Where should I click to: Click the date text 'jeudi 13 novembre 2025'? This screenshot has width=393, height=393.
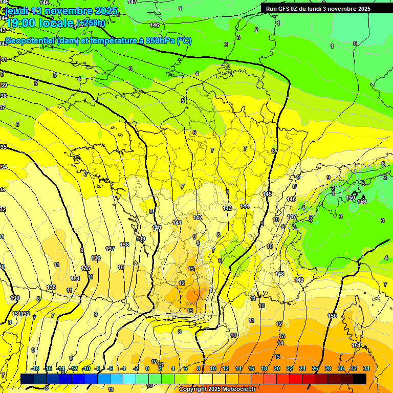[x=61, y=11]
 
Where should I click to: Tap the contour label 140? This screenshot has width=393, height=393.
[x=157, y=228]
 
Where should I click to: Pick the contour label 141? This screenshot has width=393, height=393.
[x=177, y=223]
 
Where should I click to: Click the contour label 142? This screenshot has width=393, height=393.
[x=198, y=217]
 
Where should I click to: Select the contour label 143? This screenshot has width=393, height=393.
[x=227, y=208]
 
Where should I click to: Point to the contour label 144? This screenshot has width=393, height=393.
[x=245, y=206]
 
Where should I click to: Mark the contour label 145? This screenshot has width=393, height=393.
[x=267, y=194]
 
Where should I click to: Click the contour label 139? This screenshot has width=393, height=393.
[x=141, y=239]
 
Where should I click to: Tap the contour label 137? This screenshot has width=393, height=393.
[x=110, y=249]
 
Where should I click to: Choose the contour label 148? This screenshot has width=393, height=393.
[x=279, y=274]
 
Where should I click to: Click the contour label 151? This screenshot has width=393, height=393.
[x=356, y=346]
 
